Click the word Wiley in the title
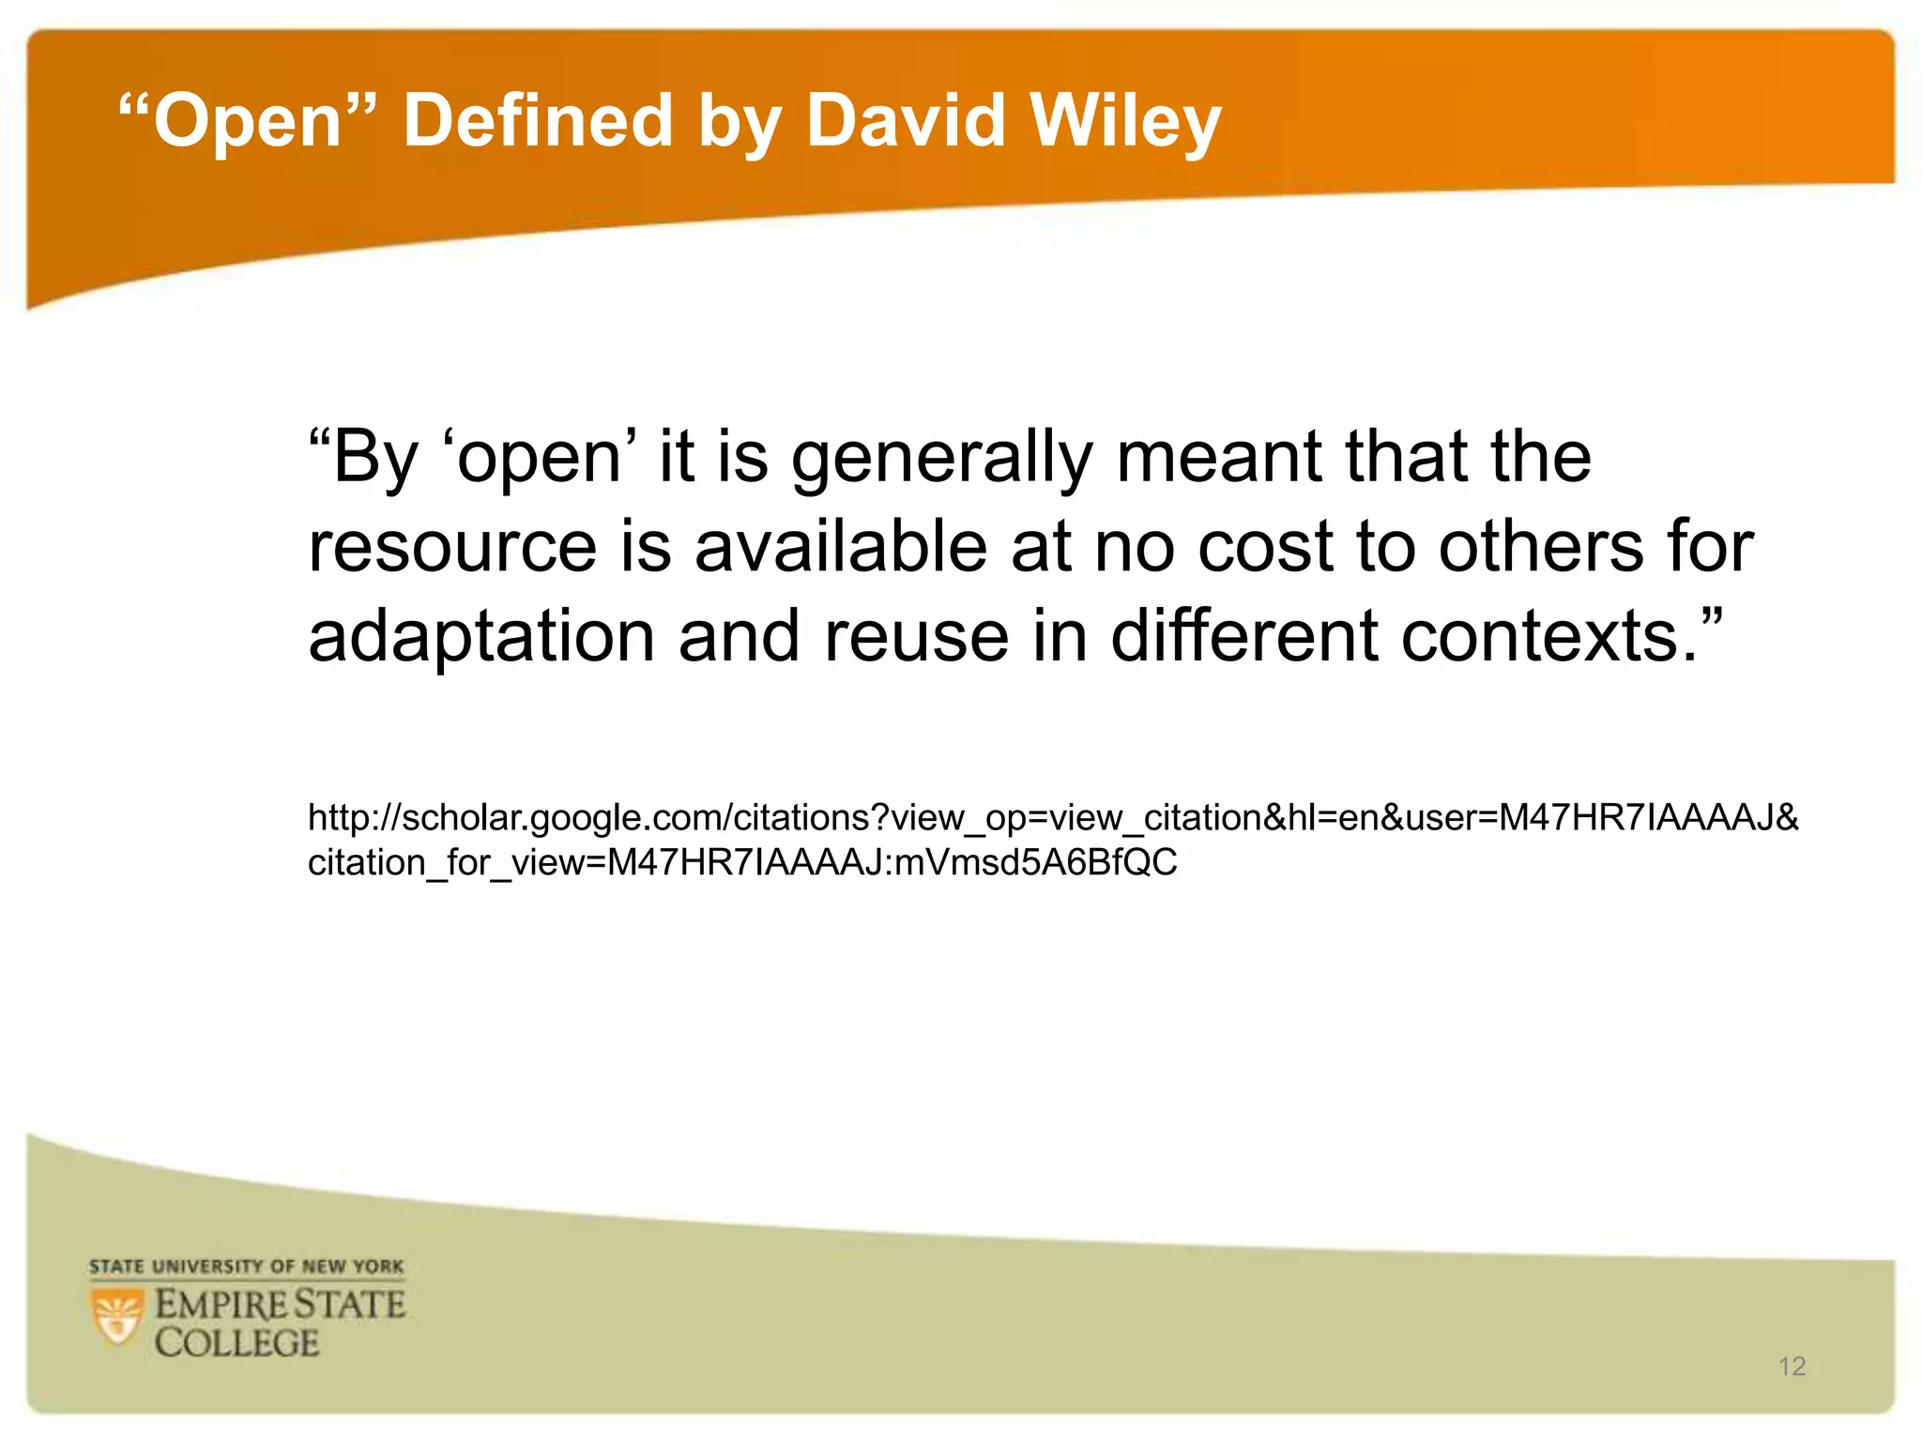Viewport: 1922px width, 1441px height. tap(1125, 122)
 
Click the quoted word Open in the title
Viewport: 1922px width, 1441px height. tap(248, 122)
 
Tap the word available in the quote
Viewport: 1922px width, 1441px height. tap(841, 546)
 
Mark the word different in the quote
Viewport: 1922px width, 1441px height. tap(1244, 636)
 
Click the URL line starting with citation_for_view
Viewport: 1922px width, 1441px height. tap(742, 862)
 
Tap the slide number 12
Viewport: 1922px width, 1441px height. tap(1792, 1366)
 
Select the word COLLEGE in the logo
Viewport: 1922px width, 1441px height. tap(237, 1343)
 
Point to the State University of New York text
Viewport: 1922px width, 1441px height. tap(246, 1267)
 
